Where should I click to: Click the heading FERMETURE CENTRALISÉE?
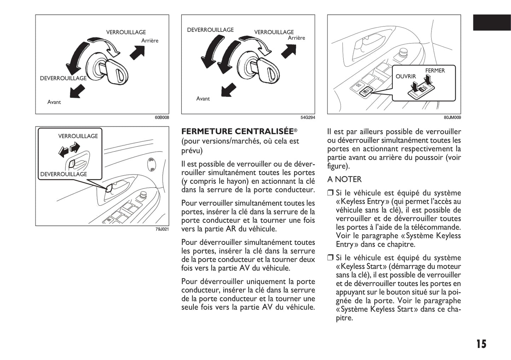[x=237, y=131]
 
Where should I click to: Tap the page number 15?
[x=481, y=344]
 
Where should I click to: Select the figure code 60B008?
[x=162, y=118]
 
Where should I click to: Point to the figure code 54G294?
[x=308, y=118]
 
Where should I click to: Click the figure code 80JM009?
[x=453, y=118]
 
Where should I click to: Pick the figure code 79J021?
[x=162, y=229]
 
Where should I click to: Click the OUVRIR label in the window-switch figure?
[x=406, y=76]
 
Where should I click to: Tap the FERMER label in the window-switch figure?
[x=435, y=71]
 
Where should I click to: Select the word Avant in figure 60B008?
[x=54, y=102]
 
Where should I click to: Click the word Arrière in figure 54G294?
[x=296, y=38]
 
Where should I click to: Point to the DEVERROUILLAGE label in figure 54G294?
[x=210, y=30]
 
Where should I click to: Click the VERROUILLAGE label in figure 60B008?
[x=126, y=32]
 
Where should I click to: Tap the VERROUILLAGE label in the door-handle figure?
[x=78, y=136]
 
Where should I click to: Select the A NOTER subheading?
[x=344, y=179]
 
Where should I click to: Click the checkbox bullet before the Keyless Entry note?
[x=330, y=193]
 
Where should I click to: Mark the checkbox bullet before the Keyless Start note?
[x=330, y=258]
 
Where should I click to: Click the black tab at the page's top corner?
[x=492, y=23]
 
